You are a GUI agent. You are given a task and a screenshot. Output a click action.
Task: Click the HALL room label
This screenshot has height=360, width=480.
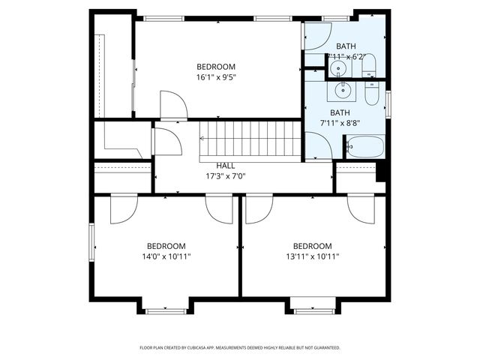[x=226, y=166]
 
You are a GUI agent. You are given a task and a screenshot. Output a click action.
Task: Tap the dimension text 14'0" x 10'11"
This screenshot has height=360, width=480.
[x=166, y=256]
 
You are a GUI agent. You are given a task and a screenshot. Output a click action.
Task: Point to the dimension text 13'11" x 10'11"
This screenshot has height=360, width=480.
[x=312, y=256]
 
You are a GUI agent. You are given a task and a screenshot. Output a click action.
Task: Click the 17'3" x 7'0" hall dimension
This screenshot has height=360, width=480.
[x=226, y=177]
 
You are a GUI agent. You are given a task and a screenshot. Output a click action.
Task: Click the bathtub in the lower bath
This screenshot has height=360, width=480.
[x=364, y=146]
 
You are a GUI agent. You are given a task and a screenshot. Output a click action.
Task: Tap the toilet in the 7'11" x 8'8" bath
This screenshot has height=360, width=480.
[x=373, y=94]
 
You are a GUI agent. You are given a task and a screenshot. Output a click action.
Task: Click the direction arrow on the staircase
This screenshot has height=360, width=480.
[x=202, y=138]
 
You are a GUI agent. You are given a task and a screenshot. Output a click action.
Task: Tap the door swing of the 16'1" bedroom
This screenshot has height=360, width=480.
[x=173, y=105]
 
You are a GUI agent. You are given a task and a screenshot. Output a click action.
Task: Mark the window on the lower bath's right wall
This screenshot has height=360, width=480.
[x=388, y=103]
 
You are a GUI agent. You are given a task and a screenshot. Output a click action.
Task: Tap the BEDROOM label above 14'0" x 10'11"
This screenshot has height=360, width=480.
[x=166, y=246]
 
